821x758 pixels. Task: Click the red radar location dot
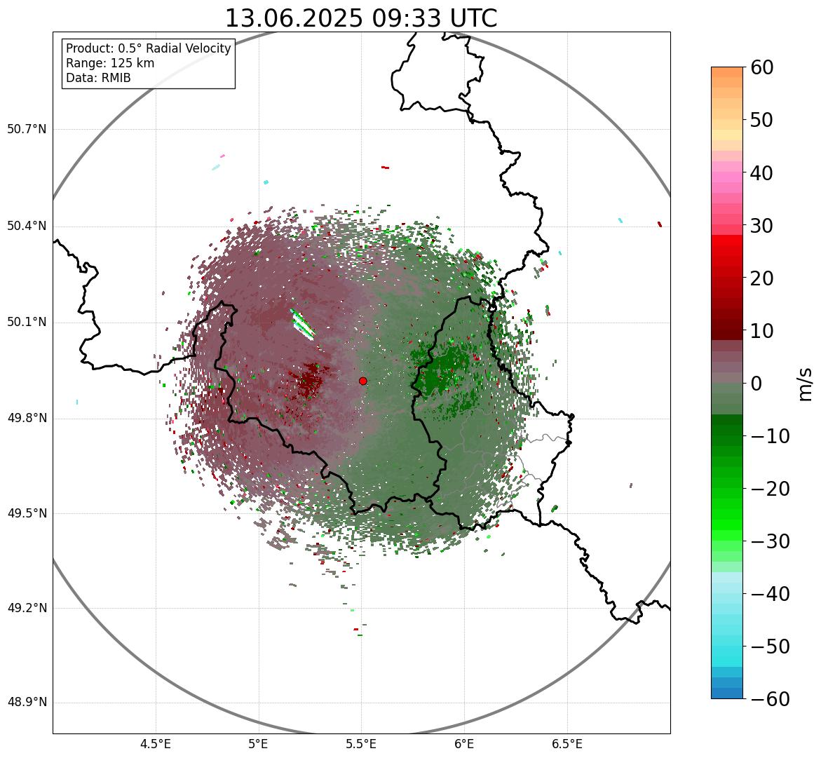(x=362, y=381)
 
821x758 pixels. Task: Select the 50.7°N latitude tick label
(x=27, y=130)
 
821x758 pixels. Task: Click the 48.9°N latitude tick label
(x=27, y=703)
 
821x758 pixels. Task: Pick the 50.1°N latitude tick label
(x=27, y=323)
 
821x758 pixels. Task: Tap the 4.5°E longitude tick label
(x=156, y=744)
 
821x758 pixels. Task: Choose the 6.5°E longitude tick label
(x=566, y=744)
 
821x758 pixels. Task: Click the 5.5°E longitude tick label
(x=361, y=744)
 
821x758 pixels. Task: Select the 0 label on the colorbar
(x=756, y=384)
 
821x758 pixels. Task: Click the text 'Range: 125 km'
(x=110, y=63)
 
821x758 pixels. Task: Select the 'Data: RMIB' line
(x=98, y=78)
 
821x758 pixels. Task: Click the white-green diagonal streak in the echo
(x=304, y=324)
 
